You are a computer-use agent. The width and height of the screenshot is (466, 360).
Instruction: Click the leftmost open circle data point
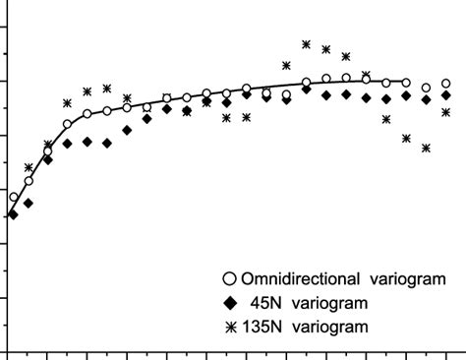click(x=13, y=198)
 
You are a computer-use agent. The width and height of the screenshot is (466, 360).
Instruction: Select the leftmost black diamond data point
click(x=13, y=213)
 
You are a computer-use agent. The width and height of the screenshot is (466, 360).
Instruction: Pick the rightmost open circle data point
click(x=446, y=85)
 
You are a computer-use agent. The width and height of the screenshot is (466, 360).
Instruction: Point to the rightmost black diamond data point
click(x=446, y=95)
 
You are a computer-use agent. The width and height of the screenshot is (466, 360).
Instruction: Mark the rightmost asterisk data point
click(x=446, y=112)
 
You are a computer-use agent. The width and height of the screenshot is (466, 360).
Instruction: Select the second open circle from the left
click(x=29, y=182)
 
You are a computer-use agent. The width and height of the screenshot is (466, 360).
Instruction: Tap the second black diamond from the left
click(x=29, y=203)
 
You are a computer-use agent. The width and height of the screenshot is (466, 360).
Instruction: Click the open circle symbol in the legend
click(x=229, y=277)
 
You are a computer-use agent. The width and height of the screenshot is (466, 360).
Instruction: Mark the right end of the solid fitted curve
click(x=407, y=83)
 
